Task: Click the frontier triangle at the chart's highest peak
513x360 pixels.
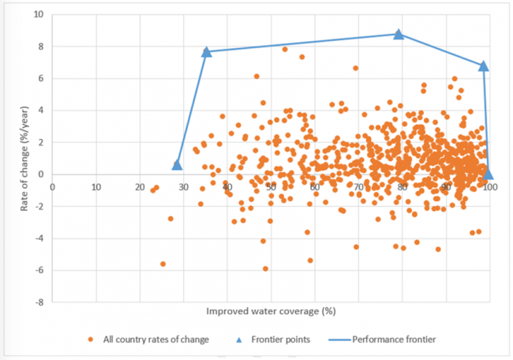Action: pos(399,34)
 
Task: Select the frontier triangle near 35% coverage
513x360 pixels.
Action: pos(207,51)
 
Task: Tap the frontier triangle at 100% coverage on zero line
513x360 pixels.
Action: pos(489,174)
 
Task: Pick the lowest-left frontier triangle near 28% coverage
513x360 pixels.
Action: pos(177,164)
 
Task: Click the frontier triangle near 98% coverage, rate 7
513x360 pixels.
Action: pos(483,66)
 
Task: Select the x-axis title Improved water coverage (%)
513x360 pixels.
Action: pos(271,312)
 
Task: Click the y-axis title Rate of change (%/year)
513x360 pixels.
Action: pos(14,158)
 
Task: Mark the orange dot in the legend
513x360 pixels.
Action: pos(92,339)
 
